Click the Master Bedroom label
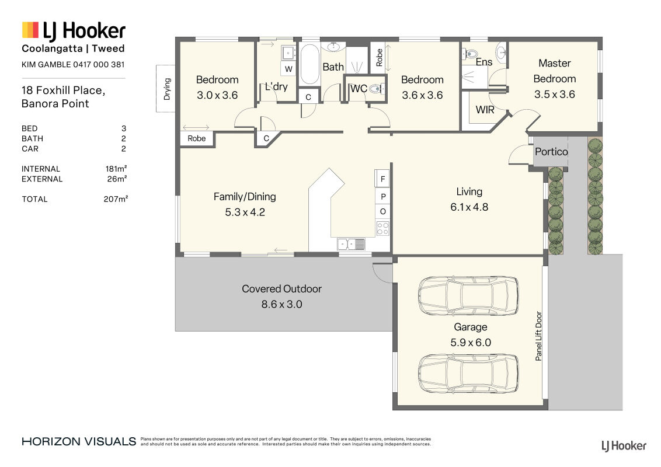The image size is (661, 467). click(x=554, y=71)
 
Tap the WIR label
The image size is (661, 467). click(x=485, y=110)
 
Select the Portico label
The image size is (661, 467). click(x=551, y=152)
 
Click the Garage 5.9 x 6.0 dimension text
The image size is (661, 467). click(x=471, y=342)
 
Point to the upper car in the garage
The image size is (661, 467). click(x=468, y=295)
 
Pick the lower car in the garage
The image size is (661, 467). click(x=468, y=374)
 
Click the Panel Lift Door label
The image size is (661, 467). click(x=538, y=336)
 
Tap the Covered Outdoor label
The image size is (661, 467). click(x=281, y=289)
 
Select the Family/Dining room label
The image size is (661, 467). click(x=245, y=197)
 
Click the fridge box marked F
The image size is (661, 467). click(x=382, y=179)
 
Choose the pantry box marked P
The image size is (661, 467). click(x=383, y=196)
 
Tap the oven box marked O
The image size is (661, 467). click(x=383, y=211)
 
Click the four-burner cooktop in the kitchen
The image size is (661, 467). click(x=383, y=228)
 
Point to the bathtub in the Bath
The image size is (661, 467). click(x=309, y=64)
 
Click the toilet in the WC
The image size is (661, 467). click(x=375, y=89)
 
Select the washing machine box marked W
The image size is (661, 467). click(x=288, y=69)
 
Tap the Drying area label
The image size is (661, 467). click(x=167, y=89)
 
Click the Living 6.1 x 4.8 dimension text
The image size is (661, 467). click(x=469, y=207)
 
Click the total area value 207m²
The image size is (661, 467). click(x=116, y=199)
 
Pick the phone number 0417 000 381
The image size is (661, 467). click(x=99, y=64)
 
